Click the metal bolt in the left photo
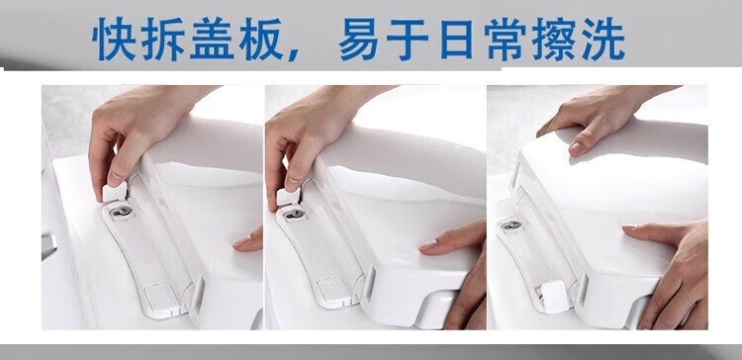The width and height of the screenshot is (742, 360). point(122,212)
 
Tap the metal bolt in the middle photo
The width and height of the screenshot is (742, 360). point(294,214)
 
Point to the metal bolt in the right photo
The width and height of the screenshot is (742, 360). point(510,225)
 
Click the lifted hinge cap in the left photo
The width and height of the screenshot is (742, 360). point(115,192)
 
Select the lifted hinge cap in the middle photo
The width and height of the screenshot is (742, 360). point(288,197)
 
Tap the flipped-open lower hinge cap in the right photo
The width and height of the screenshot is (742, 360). point(553,296)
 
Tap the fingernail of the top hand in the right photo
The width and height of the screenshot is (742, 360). point(576,148)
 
